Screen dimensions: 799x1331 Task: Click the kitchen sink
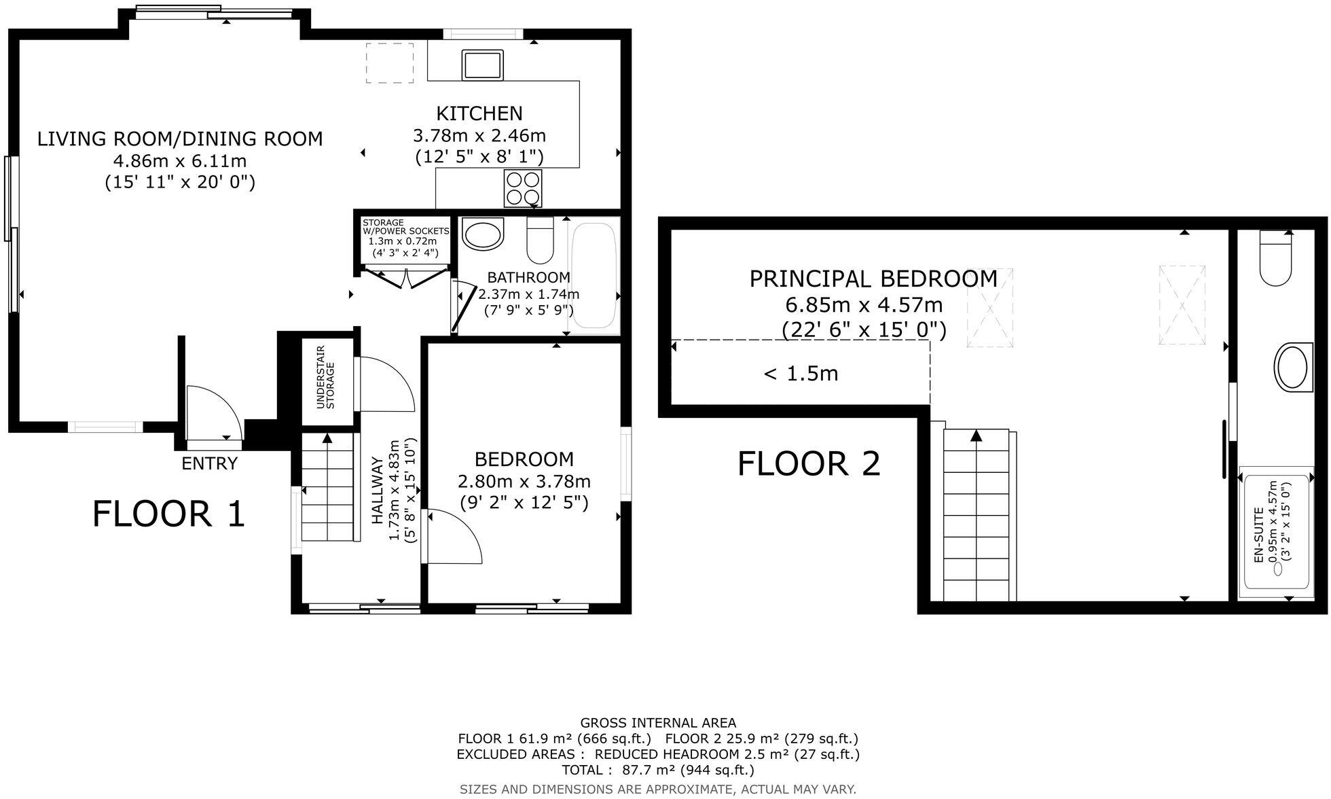[482, 65]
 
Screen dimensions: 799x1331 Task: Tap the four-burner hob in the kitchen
[523, 188]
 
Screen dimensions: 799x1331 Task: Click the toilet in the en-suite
[1275, 259]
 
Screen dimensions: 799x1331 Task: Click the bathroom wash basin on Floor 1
[484, 234]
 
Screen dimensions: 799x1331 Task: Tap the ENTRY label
[209, 463]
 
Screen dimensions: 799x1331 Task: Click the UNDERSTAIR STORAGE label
[326, 378]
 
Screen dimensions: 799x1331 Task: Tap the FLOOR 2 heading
[809, 464]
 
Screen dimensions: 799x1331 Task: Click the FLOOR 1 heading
[168, 514]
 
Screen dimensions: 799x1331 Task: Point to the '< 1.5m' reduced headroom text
[801, 373]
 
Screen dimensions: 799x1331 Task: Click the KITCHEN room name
[479, 113]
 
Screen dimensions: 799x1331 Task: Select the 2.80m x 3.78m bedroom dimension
[524, 482]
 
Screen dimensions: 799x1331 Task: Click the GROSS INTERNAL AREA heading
[657, 723]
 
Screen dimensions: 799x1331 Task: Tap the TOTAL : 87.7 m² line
[657, 770]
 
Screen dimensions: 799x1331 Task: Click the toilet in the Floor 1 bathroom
[541, 241]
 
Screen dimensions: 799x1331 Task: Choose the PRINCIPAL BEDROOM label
[873, 279]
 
